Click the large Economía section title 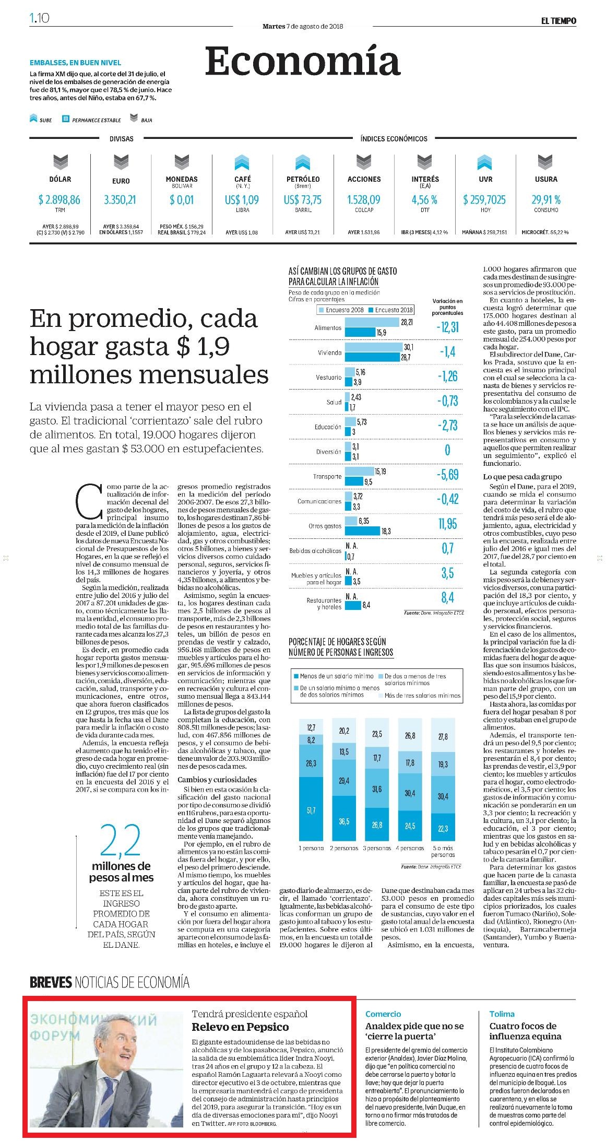[302, 61]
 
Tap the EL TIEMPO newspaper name [558, 20]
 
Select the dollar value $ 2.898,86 [60, 199]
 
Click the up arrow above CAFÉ [242, 163]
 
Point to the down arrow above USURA [546, 163]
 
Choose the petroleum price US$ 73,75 [303, 199]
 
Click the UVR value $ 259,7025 [484, 199]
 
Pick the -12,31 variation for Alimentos [448, 327]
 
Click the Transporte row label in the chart [327, 476]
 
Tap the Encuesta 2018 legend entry [391, 310]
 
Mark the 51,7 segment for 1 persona [311, 810]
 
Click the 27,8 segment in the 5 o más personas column [443, 737]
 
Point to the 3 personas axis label [377, 848]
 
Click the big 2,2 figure [120, 841]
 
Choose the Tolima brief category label [502, 1014]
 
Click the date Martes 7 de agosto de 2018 [303, 26]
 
